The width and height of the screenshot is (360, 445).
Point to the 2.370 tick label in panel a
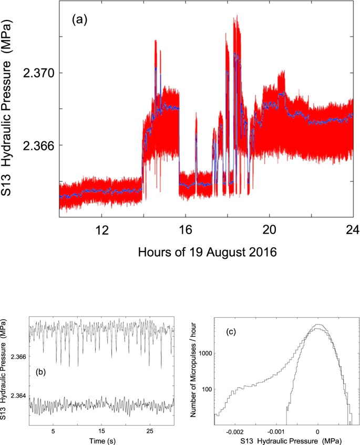38,73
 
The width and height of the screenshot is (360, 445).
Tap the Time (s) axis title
101,439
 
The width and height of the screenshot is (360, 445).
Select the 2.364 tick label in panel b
19,396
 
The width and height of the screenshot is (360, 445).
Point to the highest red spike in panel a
237,16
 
